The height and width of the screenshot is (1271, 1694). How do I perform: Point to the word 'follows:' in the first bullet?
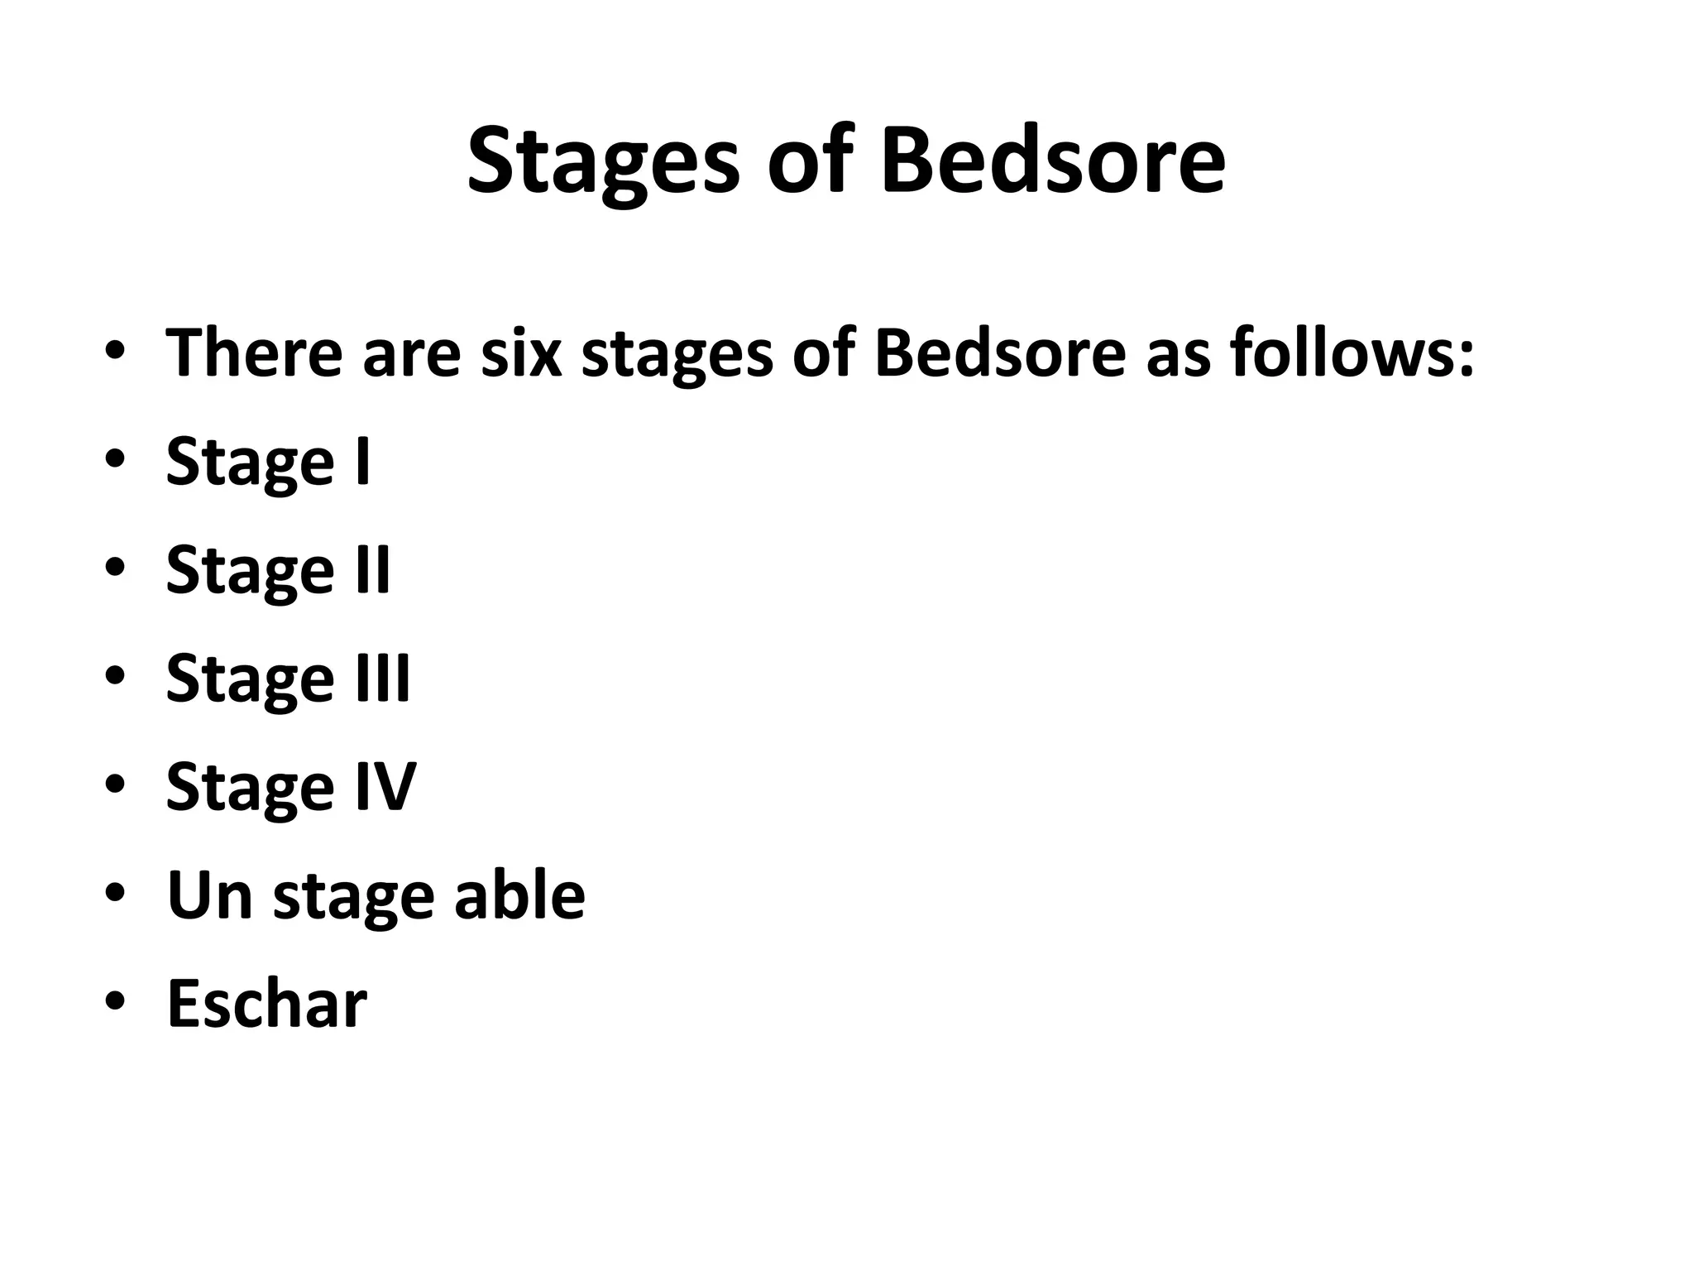pyautogui.click(x=1352, y=353)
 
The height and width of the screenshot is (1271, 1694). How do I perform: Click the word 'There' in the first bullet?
pyautogui.click(x=254, y=353)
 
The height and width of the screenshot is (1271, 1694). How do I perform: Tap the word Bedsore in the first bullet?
pyautogui.click(x=999, y=353)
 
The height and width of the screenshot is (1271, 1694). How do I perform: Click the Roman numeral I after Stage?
pyautogui.click(x=362, y=461)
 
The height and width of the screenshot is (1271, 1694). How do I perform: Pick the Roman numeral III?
pyautogui.click(x=382, y=678)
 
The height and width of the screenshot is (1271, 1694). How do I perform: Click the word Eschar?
pyautogui.click(x=266, y=1003)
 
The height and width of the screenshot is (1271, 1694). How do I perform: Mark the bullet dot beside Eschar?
pyautogui.click(x=115, y=1002)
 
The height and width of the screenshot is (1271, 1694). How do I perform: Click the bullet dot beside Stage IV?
pyautogui.click(x=115, y=785)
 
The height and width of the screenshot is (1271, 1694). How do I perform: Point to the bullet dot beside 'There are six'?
pyautogui.click(x=115, y=353)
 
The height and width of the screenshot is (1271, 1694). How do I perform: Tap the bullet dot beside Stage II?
pyautogui.click(x=115, y=568)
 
